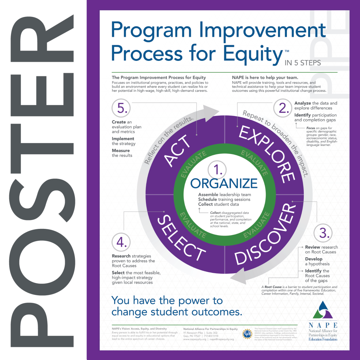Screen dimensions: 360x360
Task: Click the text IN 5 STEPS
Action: pos(302,63)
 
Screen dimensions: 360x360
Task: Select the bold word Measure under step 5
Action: pos(121,150)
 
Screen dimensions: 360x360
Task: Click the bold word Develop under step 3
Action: pos(314,259)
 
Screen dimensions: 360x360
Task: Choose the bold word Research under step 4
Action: pos(121,256)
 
